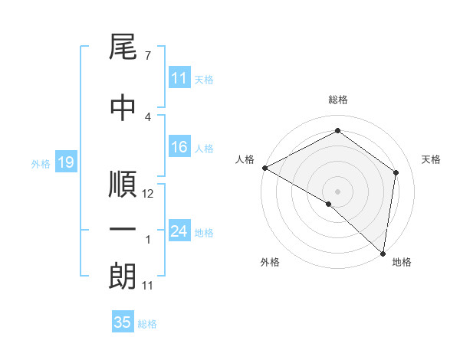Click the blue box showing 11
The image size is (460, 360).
tap(179, 78)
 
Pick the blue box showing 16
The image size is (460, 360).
tap(179, 147)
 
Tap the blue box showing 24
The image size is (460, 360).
tap(179, 231)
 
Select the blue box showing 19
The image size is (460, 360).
tap(65, 162)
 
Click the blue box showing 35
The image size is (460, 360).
tap(123, 322)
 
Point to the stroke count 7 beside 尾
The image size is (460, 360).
tap(147, 56)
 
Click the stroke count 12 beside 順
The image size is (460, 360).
tap(148, 194)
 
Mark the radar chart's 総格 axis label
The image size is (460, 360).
tap(337, 100)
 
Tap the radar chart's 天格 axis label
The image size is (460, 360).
tap(432, 159)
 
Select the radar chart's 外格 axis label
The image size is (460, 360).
tap(270, 263)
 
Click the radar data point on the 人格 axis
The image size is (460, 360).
tap(264, 168)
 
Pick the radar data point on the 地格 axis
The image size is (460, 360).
tap(383, 253)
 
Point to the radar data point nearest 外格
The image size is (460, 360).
tap(329, 204)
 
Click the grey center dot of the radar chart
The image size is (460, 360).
tap(337, 191)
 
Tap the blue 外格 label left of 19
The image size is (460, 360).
tap(41, 163)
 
